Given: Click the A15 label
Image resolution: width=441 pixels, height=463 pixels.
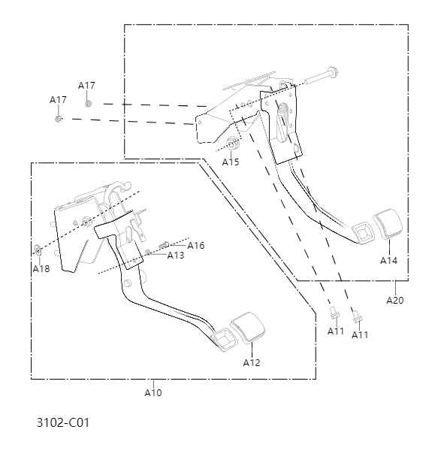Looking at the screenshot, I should tap(231, 162).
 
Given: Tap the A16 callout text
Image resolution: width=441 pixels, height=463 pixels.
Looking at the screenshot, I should tap(196, 246).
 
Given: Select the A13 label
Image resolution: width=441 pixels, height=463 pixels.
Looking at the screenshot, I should tap(175, 256).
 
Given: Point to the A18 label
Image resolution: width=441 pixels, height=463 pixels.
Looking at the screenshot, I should tap(41, 268).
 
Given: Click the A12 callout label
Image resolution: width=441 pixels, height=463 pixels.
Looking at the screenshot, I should tap(252, 362).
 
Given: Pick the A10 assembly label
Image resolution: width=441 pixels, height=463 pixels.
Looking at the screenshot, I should tap(153, 392).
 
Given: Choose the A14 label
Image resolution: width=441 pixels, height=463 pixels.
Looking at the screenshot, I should tap(388, 261).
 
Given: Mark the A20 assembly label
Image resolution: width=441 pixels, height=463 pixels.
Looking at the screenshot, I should tap(395, 301).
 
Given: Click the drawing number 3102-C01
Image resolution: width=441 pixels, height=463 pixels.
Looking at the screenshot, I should tap(62, 422).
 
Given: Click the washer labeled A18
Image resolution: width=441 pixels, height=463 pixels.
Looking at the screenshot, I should tap(38, 249).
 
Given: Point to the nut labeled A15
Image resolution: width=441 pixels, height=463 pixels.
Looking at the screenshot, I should tap(232, 144).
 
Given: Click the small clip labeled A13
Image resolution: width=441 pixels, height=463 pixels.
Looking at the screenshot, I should tap(150, 252).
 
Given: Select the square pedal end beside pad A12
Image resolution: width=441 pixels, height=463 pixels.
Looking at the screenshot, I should tap(223, 339).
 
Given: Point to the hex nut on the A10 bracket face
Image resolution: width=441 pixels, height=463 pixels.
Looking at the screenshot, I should tap(86, 221).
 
